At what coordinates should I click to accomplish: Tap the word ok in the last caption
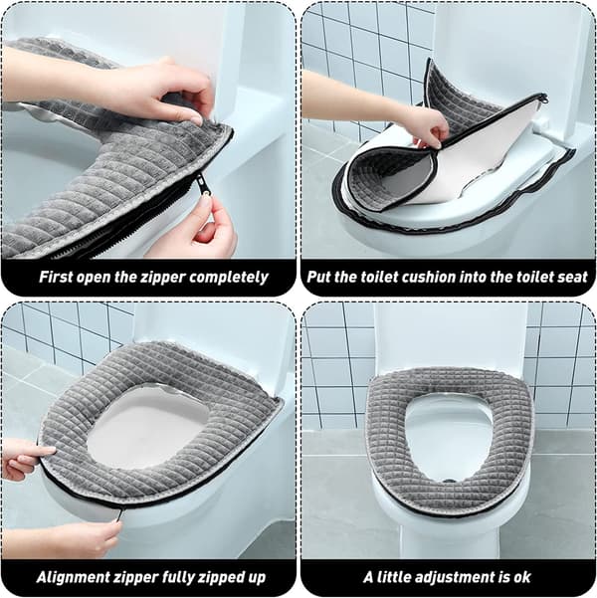pos(522,577)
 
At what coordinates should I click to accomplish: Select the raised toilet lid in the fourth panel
pos(450,335)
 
